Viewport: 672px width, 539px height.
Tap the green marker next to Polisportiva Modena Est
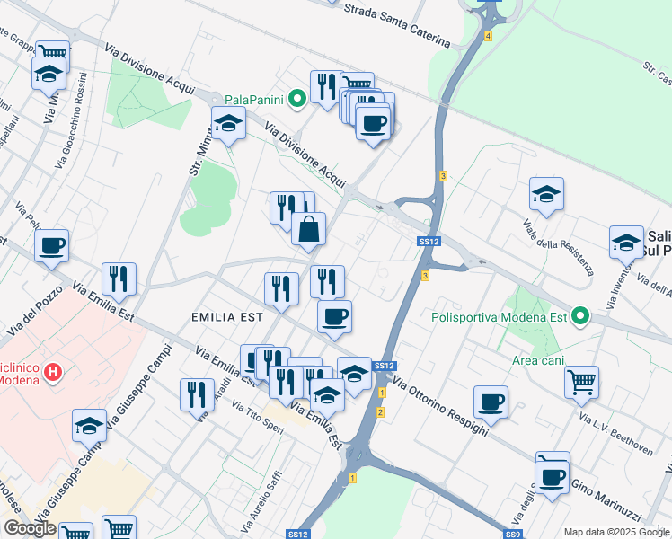click(580, 316)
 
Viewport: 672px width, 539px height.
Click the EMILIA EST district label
click(227, 317)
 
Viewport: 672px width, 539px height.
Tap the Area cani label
click(538, 360)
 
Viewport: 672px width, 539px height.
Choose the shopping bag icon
click(308, 229)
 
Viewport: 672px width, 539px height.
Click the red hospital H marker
click(53, 370)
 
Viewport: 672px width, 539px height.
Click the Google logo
click(30, 528)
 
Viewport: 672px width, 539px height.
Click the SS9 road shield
click(512, 535)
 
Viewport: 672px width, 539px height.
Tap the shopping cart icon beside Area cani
click(581, 381)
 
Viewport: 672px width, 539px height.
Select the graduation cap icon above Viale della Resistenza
click(545, 192)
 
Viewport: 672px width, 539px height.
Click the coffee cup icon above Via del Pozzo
click(52, 244)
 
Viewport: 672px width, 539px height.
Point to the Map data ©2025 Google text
click(615, 532)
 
